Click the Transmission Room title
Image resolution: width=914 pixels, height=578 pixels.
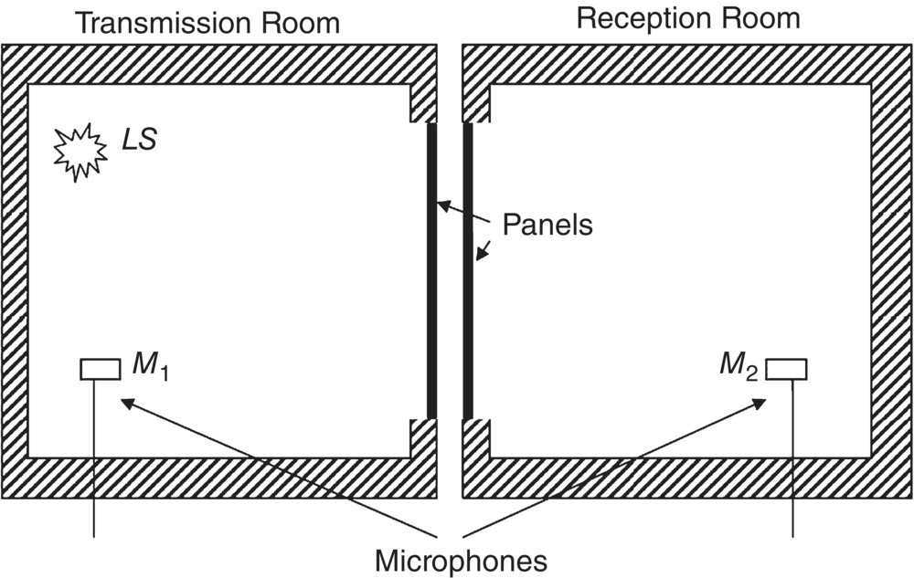pyautogui.click(x=207, y=22)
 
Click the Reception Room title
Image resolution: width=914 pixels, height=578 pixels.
pyautogui.click(x=688, y=17)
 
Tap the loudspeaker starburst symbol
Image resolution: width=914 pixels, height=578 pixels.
pyautogui.click(x=80, y=152)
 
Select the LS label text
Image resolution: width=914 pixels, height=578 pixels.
pyautogui.click(x=140, y=141)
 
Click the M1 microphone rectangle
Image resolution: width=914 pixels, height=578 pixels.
pyautogui.click(x=100, y=369)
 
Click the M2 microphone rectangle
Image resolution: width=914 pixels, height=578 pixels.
pyautogui.click(x=786, y=369)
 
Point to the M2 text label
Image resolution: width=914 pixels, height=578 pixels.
pyautogui.click(x=739, y=366)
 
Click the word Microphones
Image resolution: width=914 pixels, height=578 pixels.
pyautogui.click(x=462, y=558)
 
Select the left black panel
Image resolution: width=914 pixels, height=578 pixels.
pyautogui.click(x=432, y=270)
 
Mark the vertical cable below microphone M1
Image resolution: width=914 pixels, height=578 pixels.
pyautogui.click(x=94, y=457)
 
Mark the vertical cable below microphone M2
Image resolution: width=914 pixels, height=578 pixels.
pyautogui.click(x=792, y=457)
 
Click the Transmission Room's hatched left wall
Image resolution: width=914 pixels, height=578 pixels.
pyautogui.click(x=13, y=274)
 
